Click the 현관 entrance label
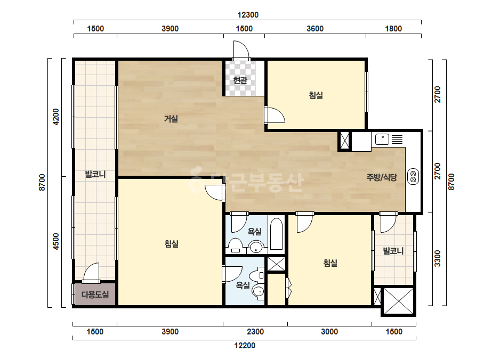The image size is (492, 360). pyautogui.click(x=240, y=80)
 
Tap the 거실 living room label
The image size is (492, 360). pyautogui.click(x=171, y=119)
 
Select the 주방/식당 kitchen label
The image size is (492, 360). pyautogui.click(x=382, y=177)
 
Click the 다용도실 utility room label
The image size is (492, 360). pyautogui.click(x=95, y=294)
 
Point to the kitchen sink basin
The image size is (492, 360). pyautogui.click(x=382, y=139)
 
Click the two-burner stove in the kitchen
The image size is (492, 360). pyautogui.click(x=413, y=177)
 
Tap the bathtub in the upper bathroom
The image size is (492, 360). pyautogui.click(x=276, y=234)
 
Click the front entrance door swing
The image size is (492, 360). pyautogui.click(x=241, y=50)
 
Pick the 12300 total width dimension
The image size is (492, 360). pyautogui.click(x=247, y=15)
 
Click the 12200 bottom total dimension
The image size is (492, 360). pyautogui.click(x=245, y=346)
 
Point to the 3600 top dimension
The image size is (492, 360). pyautogui.click(x=315, y=29)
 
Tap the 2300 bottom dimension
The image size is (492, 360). pyautogui.click(x=255, y=331)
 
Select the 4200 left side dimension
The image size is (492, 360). pyautogui.click(x=55, y=117)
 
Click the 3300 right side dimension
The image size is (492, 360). pyautogui.click(x=438, y=258)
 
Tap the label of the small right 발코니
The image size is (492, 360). pyautogui.click(x=393, y=251)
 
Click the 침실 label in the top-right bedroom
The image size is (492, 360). pyautogui.click(x=316, y=95)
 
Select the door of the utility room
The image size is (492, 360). pyautogui.click(x=91, y=273)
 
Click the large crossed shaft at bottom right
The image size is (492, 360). pyautogui.click(x=399, y=301)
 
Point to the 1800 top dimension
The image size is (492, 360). pyautogui.click(x=393, y=29)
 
